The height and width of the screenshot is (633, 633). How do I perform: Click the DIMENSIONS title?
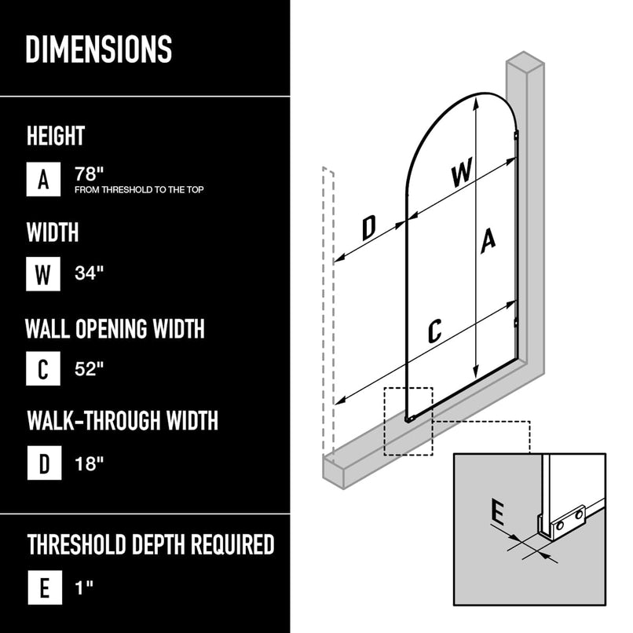coord(99,49)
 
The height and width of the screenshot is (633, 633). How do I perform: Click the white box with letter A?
coord(43,179)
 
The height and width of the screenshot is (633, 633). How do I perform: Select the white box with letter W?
coord(43,274)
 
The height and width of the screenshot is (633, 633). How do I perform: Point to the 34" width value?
coord(89,273)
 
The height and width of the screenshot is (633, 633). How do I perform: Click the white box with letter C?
coord(43,368)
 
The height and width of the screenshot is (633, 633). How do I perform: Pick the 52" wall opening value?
coord(89,368)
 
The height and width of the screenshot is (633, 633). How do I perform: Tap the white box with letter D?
coord(43,463)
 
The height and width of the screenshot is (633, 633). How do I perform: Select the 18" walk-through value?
coord(89,463)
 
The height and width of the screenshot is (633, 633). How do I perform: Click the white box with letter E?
coord(43,587)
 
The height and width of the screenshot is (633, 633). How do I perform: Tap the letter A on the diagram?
coord(488,240)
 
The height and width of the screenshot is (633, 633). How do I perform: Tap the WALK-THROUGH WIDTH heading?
coord(123,420)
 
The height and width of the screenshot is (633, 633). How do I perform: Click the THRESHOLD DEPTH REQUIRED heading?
coord(151,543)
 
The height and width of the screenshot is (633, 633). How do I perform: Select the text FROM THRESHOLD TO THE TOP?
coord(139,190)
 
